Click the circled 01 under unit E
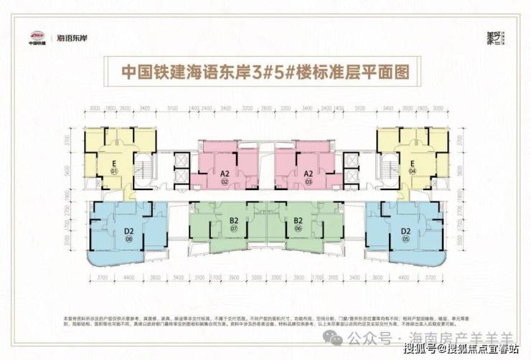pos(113,171)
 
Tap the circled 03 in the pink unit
pos(309,182)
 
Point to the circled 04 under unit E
pos(413,171)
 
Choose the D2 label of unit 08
pos(129,231)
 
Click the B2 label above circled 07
pos(234,220)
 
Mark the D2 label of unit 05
pos(405,231)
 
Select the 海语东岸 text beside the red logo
pos(72,34)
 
